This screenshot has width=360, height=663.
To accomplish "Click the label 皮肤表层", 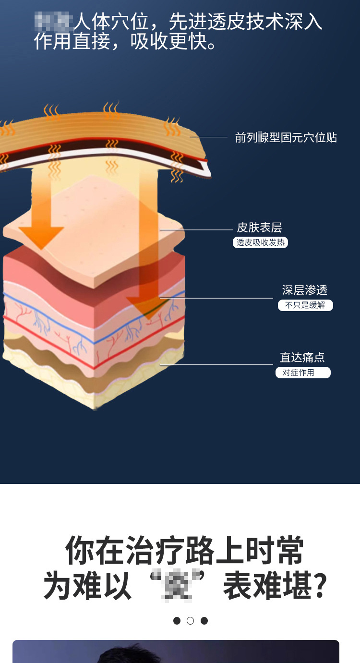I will pos(259,228).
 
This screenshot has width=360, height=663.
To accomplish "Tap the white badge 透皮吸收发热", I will pos(261,242).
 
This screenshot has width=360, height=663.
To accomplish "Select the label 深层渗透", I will pos(304,290).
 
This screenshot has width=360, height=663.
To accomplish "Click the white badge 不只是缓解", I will pos(305,305).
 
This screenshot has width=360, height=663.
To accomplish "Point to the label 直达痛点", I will pos(302,357).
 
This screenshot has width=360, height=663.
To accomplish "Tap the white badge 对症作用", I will pos(303,373).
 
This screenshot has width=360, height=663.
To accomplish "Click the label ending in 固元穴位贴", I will pos(286,138).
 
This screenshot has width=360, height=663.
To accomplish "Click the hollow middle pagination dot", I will pos(191,621).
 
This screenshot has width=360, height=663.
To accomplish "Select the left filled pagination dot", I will pos(177,621).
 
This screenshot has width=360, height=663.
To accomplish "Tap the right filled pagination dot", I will pos(204,621).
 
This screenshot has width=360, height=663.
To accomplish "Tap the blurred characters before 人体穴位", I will pos(53,22).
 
